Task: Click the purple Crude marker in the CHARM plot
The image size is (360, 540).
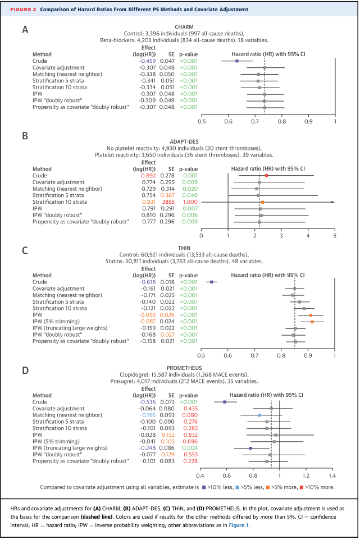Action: [x=237, y=61]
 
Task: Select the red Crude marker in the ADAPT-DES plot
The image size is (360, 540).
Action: [x=266, y=176]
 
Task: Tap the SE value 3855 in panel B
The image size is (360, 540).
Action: [x=168, y=202]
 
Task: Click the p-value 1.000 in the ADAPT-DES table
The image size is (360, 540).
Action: [x=190, y=202]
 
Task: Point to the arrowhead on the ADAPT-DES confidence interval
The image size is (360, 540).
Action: [x=333, y=202]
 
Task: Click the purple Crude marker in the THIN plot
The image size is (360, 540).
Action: [x=212, y=282]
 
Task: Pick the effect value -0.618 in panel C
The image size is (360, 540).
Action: [x=148, y=282]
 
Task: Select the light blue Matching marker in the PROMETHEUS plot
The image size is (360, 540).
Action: [x=259, y=415]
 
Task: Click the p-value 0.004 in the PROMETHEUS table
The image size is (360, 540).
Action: [x=190, y=448]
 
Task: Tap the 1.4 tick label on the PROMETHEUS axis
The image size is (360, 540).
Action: [x=332, y=476]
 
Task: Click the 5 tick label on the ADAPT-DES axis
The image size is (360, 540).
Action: [x=335, y=236]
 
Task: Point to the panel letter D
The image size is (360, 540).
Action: [x=25, y=371]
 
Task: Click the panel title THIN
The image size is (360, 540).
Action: [x=184, y=248]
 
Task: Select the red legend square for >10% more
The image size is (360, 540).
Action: [x=302, y=487]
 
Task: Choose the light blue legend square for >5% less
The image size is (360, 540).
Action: [x=238, y=487]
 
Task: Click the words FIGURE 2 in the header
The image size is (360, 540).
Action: [x=23, y=10]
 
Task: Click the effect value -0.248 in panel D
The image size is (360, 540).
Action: [x=148, y=448]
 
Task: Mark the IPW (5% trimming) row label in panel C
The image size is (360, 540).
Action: [x=56, y=322]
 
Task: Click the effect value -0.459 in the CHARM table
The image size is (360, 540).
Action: [x=148, y=61]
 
